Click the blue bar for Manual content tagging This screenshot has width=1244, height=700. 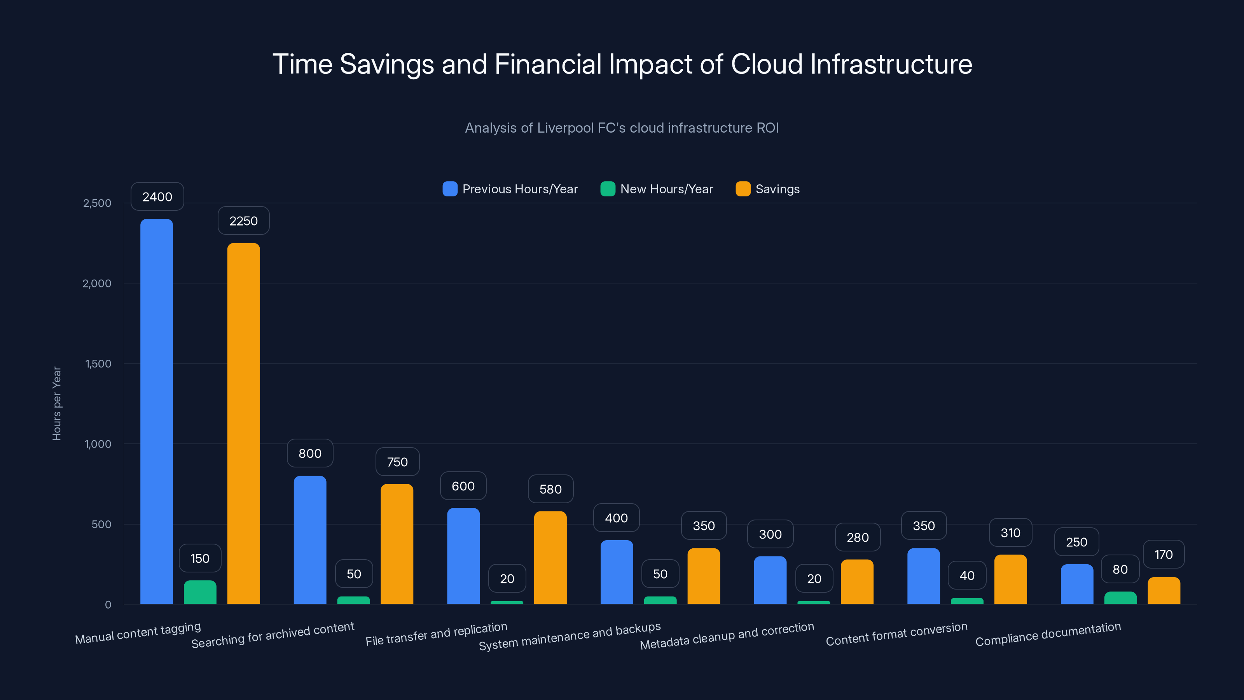coord(156,411)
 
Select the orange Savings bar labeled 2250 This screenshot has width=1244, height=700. coord(243,423)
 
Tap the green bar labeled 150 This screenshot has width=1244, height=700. coord(200,592)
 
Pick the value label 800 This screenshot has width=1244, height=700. coord(310,453)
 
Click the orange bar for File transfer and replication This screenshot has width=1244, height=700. coord(550,558)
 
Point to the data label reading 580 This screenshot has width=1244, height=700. coord(550,489)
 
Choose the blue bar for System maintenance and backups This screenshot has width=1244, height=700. coord(617,572)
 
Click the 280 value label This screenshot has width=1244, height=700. coord(858,537)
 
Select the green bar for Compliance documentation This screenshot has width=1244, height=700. coord(1120,598)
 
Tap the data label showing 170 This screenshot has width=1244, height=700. coord(1164,554)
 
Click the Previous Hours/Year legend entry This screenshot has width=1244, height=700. coord(510,189)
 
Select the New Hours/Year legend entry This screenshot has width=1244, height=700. coord(657,189)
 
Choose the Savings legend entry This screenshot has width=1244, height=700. coord(768,189)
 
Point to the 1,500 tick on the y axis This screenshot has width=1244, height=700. coord(98,363)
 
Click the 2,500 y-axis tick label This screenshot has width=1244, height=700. coord(97,203)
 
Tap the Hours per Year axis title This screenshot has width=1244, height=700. coord(56,403)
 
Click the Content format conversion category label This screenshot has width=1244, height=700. coord(896,634)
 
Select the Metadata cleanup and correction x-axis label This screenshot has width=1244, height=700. coord(727,636)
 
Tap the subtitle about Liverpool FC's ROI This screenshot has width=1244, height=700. coord(622,128)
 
